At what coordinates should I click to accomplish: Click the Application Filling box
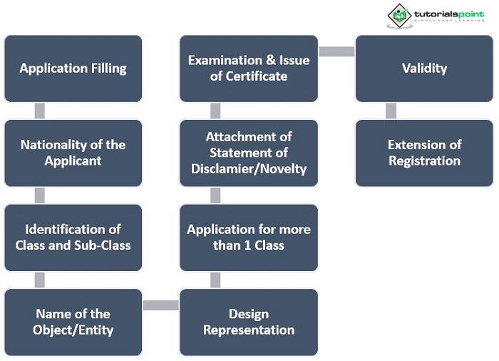(73, 68)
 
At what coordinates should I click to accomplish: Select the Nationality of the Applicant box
(73, 153)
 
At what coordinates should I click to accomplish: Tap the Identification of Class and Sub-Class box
(73, 237)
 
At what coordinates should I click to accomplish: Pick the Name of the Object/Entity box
(73, 322)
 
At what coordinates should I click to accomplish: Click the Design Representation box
(249, 322)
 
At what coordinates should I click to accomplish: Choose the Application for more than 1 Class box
(249, 237)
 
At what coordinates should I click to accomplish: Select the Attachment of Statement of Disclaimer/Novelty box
(249, 153)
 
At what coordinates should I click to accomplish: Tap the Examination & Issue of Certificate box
(249, 68)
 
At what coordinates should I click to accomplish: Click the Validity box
(424, 68)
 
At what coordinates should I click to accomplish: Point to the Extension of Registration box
(424, 153)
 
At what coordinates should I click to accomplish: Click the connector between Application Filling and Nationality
(40, 111)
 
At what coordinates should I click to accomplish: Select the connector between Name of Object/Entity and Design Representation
(160, 305)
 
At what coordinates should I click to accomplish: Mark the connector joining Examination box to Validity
(336, 51)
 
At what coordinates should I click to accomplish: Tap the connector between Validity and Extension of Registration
(391, 111)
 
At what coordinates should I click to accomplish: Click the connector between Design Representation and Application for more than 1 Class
(215, 280)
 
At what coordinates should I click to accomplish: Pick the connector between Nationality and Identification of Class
(40, 195)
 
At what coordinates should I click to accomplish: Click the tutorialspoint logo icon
(399, 15)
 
